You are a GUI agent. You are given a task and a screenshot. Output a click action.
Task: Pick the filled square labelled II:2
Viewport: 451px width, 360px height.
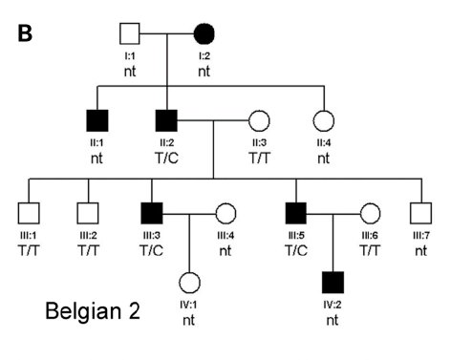[167, 121]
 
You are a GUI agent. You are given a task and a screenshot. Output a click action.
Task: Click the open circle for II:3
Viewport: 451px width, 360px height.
[259, 121]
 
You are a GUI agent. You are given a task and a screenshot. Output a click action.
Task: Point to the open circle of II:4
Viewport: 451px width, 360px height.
[323, 121]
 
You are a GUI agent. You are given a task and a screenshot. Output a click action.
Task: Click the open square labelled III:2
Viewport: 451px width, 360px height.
[88, 215]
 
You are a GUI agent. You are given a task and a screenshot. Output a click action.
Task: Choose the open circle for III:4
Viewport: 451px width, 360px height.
[225, 215]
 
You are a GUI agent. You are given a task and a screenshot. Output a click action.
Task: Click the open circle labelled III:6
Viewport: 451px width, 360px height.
[369, 215]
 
